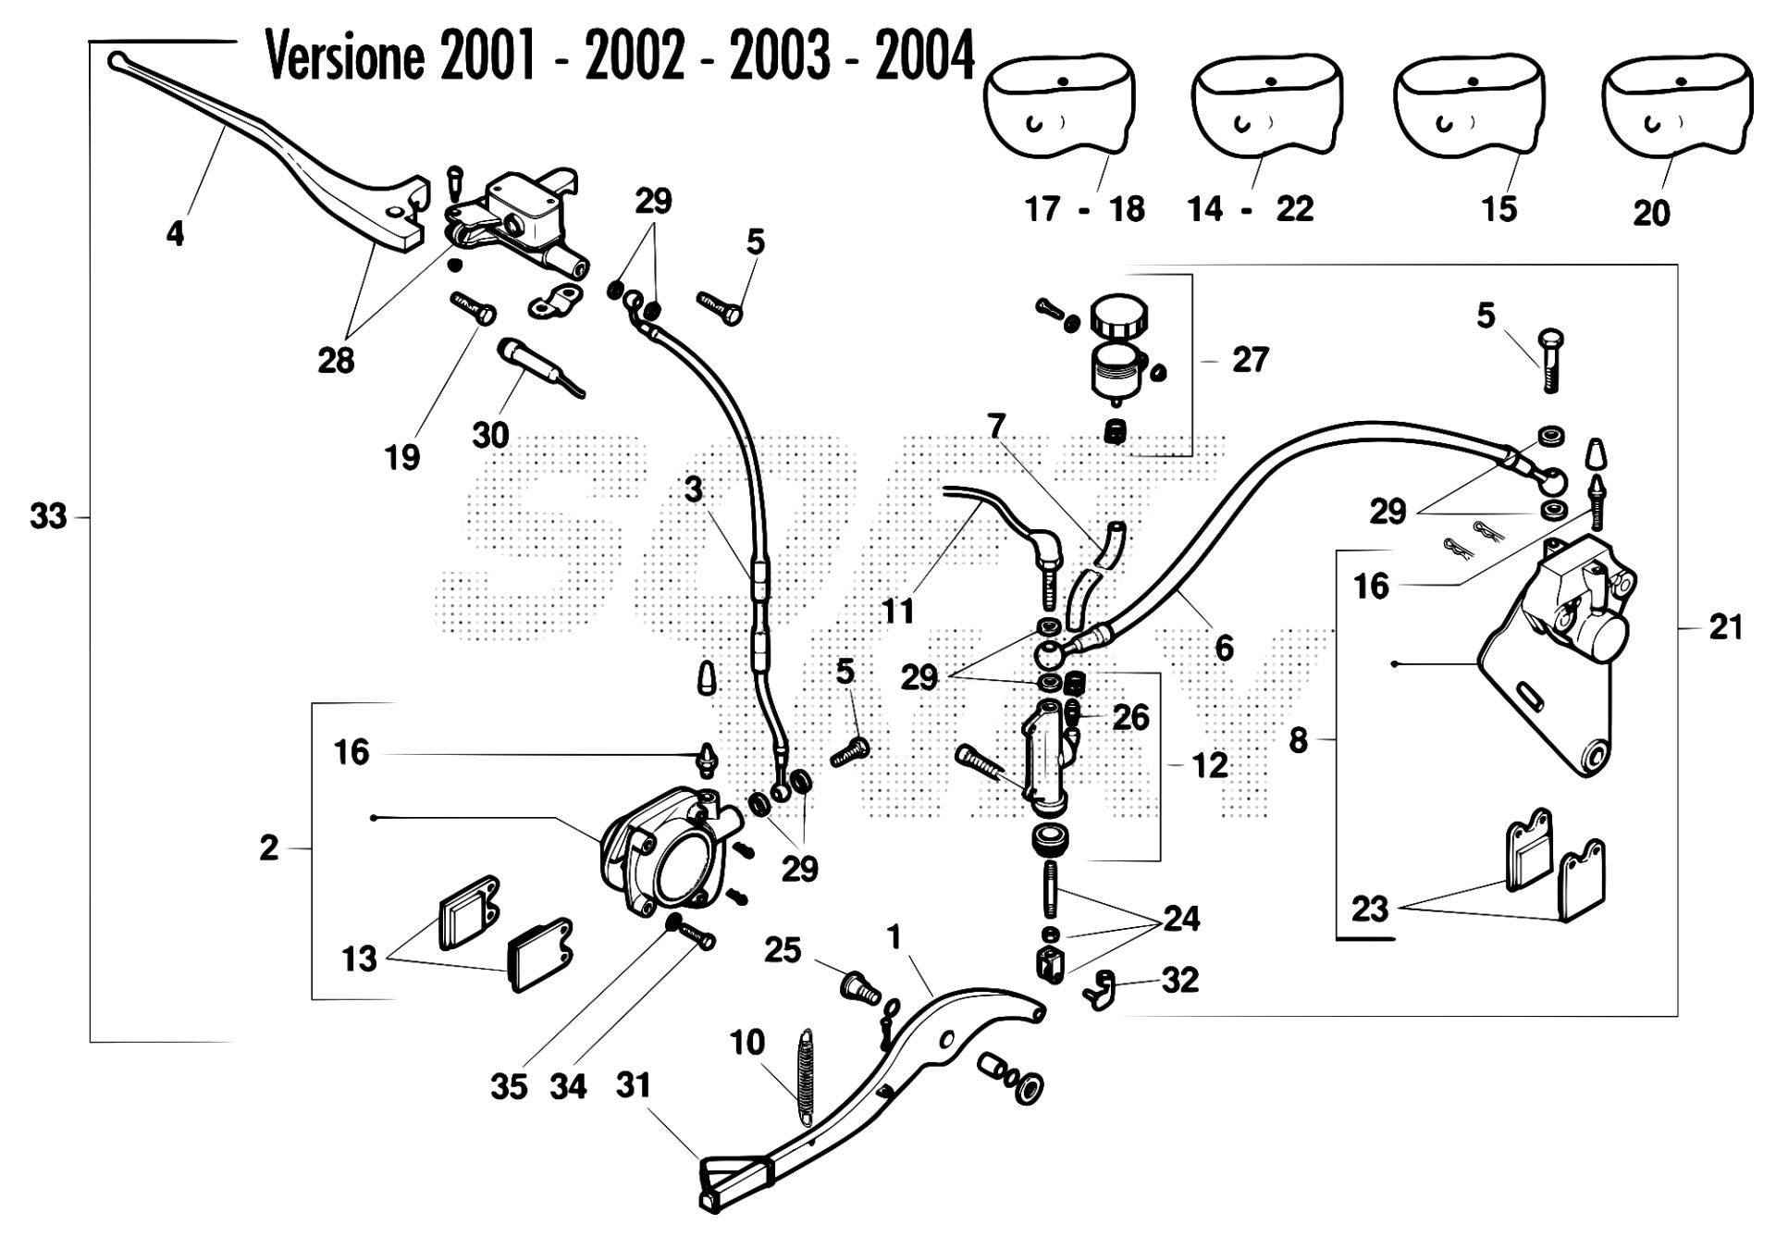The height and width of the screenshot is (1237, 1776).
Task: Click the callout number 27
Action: (1250, 360)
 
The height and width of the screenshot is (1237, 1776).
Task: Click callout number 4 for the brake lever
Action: (175, 233)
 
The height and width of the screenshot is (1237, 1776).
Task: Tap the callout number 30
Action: (490, 434)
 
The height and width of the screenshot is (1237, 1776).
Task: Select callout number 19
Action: (402, 456)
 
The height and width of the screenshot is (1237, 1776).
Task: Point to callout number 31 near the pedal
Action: (634, 1085)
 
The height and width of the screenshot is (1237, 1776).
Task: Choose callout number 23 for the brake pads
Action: (1370, 909)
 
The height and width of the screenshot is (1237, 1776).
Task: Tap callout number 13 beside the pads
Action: (359, 959)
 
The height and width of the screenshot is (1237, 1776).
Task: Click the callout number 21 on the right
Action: (1726, 627)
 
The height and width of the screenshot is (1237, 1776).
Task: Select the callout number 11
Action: (897, 611)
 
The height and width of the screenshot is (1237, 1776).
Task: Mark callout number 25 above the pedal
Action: (783, 950)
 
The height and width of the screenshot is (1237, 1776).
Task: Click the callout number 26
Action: (1130, 717)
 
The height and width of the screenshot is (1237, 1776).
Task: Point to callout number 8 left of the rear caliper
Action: (1299, 740)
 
